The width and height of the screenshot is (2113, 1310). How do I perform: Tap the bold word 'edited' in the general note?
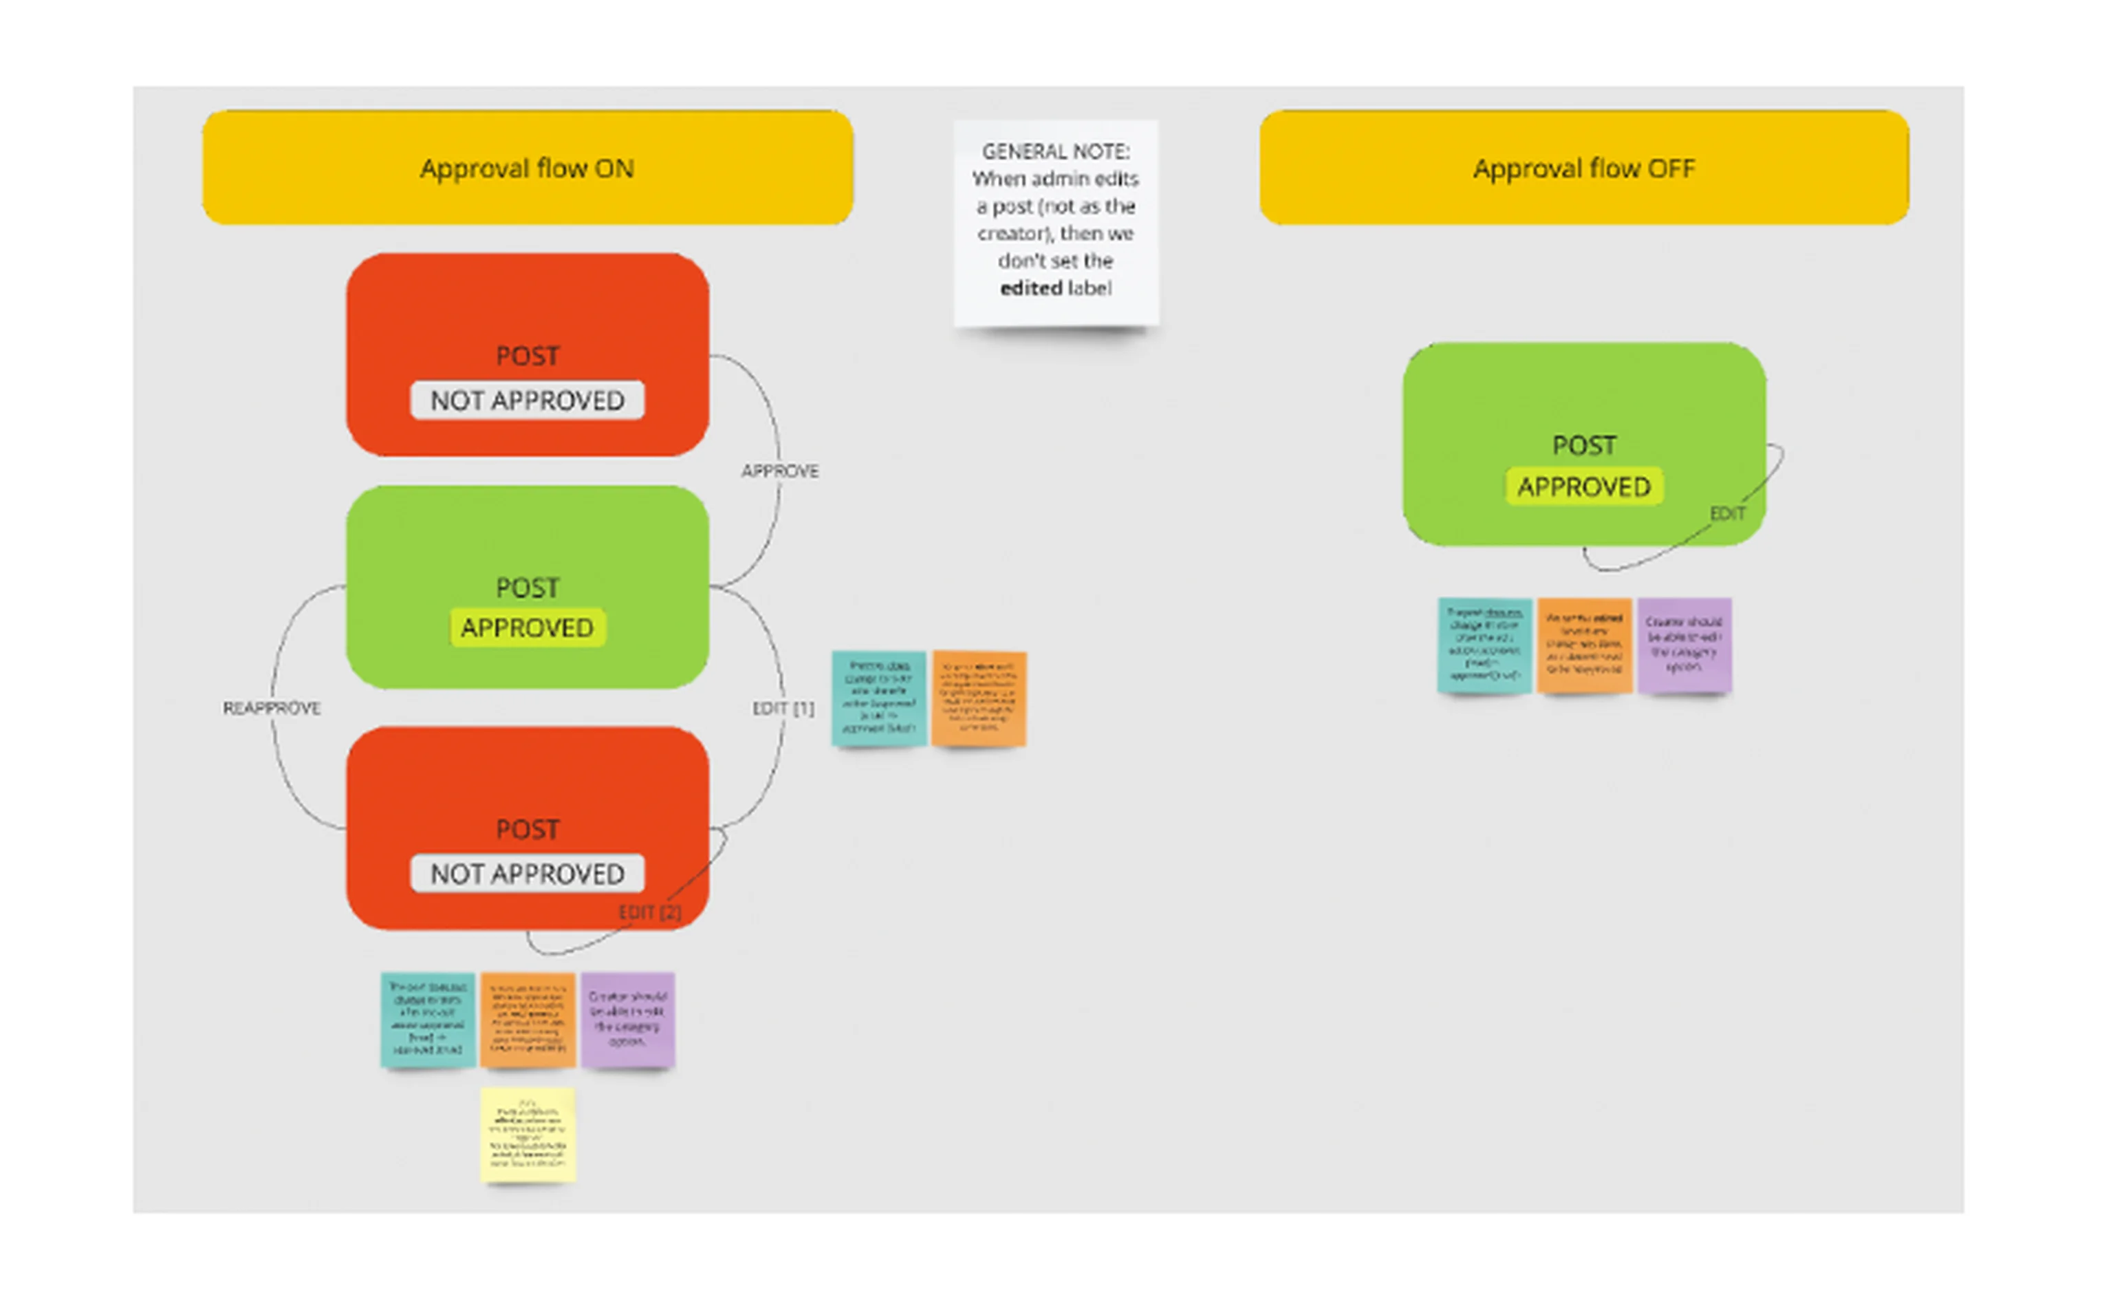pyautogui.click(x=1030, y=288)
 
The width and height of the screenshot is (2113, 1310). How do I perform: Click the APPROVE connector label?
pyautogui.click(x=779, y=471)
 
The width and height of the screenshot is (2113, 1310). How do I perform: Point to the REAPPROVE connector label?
pyautogui.click(x=271, y=708)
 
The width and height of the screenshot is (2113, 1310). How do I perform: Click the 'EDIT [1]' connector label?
pyautogui.click(x=782, y=708)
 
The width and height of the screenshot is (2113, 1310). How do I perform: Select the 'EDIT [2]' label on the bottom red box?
pyautogui.click(x=649, y=912)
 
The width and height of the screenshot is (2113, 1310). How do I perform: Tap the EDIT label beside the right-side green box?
pyautogui.click(x=1726, y=514)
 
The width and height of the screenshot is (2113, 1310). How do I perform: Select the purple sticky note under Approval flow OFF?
pyautogui.click(x=1684, y=645)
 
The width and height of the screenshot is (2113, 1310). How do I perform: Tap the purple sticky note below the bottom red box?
pyautogui.click(x=627, y=1019)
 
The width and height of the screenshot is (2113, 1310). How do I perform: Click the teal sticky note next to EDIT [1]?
pyautogui.click(x=878, y=698)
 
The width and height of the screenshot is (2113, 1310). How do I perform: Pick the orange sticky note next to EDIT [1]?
pyautogui.click(x=979, y=698)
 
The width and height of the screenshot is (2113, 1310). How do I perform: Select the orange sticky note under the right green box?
pyautogui.click(x=1584, y=645)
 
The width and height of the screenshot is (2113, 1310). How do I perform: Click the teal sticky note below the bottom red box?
pyautogui.click(x=428, y=1019)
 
